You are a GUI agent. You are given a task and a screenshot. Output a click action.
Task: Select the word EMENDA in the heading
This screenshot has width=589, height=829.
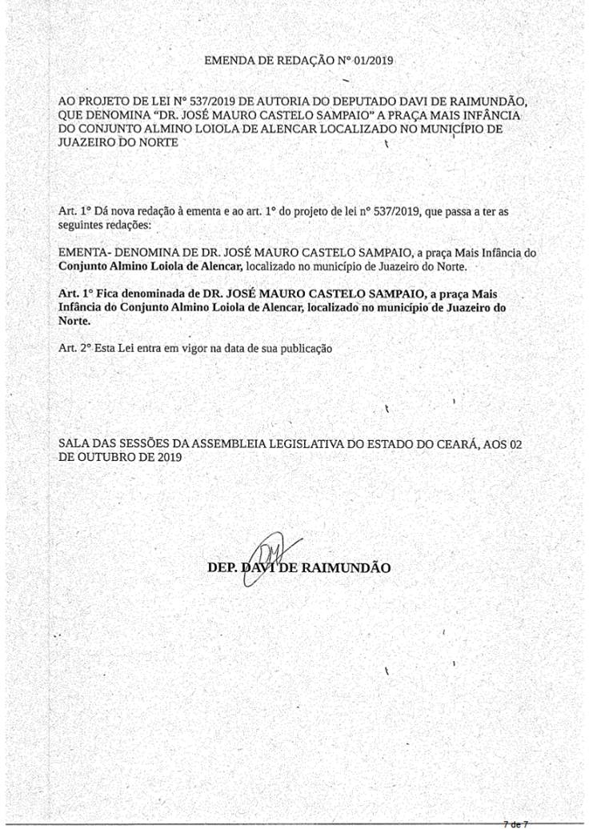click(x=229, y=60)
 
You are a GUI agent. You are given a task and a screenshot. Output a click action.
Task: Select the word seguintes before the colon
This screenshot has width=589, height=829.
click(x=82, y=225)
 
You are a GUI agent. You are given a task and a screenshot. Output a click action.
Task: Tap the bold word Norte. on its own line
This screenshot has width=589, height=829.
click(x=74, y=319)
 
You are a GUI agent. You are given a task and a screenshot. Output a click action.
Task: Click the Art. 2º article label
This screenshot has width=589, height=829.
click(x=75, y=349)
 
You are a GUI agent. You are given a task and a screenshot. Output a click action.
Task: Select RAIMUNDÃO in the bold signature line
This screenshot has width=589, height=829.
click(x=346, y=567)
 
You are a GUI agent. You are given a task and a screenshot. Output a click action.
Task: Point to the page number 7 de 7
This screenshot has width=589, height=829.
click(x=515, y=823)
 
